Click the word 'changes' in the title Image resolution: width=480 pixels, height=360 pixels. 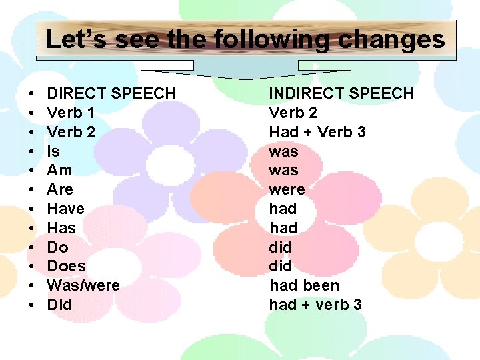pos(391,40)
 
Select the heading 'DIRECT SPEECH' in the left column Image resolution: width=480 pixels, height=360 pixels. pos(111,93)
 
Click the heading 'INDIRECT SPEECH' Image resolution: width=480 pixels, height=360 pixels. pos(341,93)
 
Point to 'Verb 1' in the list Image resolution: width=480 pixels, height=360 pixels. pos(71,113)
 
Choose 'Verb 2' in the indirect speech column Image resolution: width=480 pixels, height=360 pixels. pos(293,113)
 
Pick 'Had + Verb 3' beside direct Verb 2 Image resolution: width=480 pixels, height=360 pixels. pos(317,132)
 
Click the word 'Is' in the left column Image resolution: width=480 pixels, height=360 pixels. pos(53,151)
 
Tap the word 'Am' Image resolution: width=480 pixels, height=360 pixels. pos(59,170)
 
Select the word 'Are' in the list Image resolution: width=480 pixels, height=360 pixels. pos(60,189)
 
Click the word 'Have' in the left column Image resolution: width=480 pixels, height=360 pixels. pos(65,209)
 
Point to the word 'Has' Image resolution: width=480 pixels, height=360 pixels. pos(61,228)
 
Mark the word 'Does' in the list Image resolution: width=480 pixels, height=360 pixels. pos(66,266)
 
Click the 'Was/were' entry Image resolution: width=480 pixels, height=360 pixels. pos(83,285)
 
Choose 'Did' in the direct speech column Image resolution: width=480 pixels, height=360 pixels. pos(59,305)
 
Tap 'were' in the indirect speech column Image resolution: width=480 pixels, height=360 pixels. pos(287,189)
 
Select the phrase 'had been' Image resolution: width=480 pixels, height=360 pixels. pos(304,285)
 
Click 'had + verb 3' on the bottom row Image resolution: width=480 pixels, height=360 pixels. pos(315,305)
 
